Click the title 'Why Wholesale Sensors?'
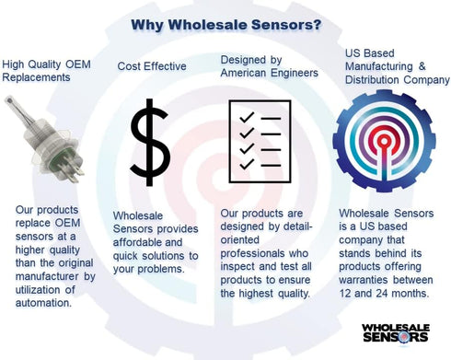pyautogui.click(x=225, y=24)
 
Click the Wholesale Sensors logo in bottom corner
pyautogui.click(x=396, y=331)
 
